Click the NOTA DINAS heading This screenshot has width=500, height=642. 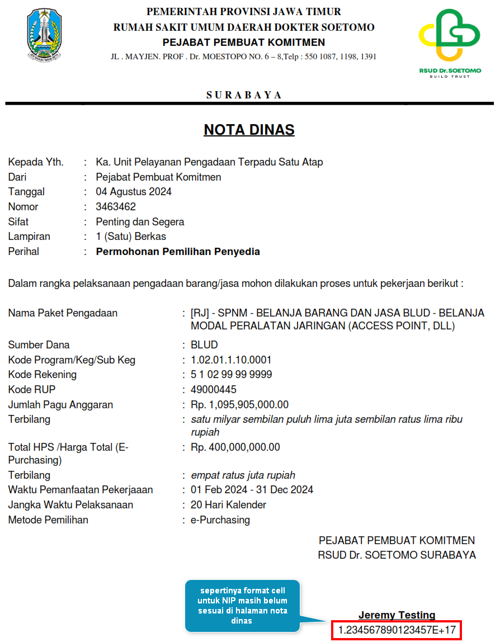pos(249,130)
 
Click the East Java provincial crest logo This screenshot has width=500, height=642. pos(45,35)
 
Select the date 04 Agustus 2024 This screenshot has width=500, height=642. pos(134,192)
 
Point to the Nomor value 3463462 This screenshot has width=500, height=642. pos(116,207)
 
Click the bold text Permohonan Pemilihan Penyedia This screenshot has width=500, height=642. pos(178,252)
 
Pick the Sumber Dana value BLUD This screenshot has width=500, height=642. pos(204,345)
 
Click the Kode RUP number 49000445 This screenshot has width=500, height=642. pos(214,390)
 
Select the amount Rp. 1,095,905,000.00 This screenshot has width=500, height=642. pos(239,405)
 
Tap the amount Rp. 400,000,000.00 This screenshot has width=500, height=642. pos(235,447)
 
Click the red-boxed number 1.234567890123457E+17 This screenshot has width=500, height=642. pos(397,631)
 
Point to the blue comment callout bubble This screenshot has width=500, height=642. pos(242,606)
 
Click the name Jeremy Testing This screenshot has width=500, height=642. pos(397,615)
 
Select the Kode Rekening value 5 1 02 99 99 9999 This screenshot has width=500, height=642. pos(232,375)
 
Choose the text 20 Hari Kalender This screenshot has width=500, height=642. pos(228,505)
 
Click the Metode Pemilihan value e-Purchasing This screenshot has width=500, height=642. pos(220,520)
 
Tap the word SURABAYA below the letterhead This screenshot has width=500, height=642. pos(244,95)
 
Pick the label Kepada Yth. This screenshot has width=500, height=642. pos(36,162)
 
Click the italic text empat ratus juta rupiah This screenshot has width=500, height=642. pos(243,475)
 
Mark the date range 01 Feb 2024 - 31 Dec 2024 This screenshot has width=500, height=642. pos(252,490)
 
